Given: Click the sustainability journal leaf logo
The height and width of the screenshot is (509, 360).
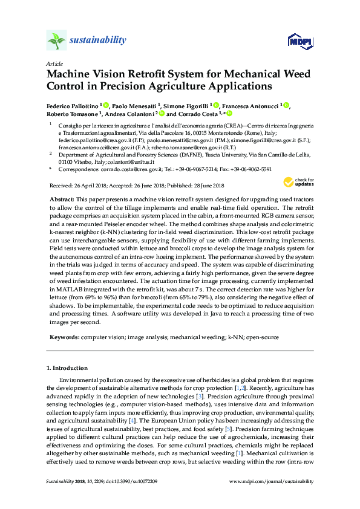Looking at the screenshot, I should (56, 41).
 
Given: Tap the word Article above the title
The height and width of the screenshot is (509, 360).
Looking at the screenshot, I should (53, 63).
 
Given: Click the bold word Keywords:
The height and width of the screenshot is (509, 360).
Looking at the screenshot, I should (63, 336).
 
